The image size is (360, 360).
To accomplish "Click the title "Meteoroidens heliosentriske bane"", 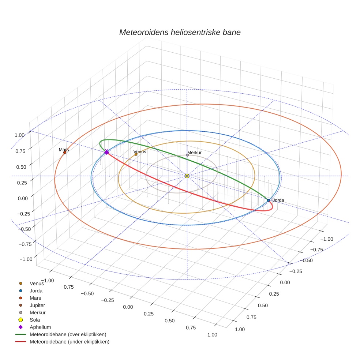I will pos(180,32).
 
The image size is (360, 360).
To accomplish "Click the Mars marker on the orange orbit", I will pos(65,152).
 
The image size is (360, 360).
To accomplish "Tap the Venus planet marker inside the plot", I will pos(136,154).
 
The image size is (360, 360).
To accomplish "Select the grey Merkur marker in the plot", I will pos(187,155).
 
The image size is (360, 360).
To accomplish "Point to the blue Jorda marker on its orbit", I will pos(269,200).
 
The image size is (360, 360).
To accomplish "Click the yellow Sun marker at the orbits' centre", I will pos(187,176).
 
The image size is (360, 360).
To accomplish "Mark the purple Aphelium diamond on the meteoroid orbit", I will pos(106,152).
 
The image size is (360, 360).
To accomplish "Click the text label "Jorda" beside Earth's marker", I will pos(278,200).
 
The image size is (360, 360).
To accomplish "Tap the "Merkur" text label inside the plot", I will pos(194,152).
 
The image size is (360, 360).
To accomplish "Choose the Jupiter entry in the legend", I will pos(37,305).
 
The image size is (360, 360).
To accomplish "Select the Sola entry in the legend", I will pos(35,320).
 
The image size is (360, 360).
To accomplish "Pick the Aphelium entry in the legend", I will pos(40,327).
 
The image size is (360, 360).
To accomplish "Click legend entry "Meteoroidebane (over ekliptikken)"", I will pos(68,334).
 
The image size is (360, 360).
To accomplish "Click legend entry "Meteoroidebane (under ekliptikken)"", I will pos(70,342).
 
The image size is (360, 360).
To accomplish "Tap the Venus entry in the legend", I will pos(37,283).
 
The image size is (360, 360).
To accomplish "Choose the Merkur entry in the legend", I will pos(37,312).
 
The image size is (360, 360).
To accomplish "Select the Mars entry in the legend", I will pos(35,298).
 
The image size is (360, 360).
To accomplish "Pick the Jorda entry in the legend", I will pos(36,290).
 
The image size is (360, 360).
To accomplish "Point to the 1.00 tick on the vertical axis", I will pos(19,135).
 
